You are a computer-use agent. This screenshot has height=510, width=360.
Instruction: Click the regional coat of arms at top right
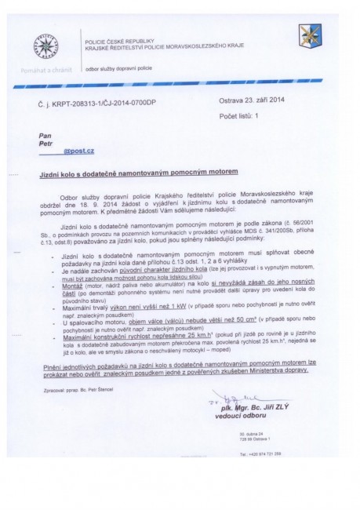click(306, 38)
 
